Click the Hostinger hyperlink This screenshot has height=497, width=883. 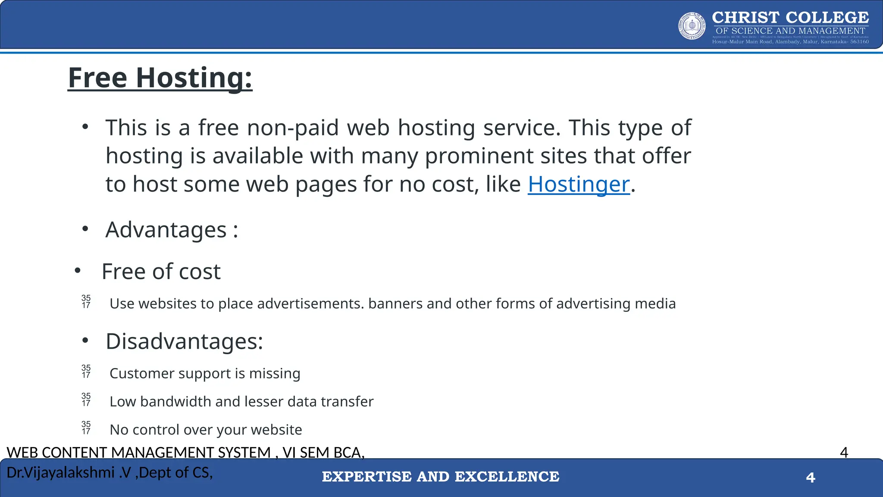(579, 185)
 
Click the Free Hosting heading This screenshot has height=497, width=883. (160, 78)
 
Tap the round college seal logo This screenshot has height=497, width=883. (692, 26)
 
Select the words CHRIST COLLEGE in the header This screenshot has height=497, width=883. (790, 18)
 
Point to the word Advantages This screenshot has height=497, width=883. (166, 230)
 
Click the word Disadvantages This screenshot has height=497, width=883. (184, 342)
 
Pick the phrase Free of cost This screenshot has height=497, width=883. (161, 272)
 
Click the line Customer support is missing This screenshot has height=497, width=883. (205, 374)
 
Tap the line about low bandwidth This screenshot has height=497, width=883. (241, 402)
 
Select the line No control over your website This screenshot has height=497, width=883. (206, 430)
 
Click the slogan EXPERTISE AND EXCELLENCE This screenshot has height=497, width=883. (441, 477)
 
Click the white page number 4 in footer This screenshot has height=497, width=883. (811, 478)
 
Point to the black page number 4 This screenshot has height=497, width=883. (844, 453)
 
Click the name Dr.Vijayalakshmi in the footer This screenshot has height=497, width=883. (61, 473)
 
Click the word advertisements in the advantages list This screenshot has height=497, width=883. (306, 304)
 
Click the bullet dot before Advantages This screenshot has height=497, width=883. (85, 229)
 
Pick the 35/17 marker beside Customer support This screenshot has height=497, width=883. (86, 371)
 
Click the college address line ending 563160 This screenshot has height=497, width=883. (790, 42)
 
